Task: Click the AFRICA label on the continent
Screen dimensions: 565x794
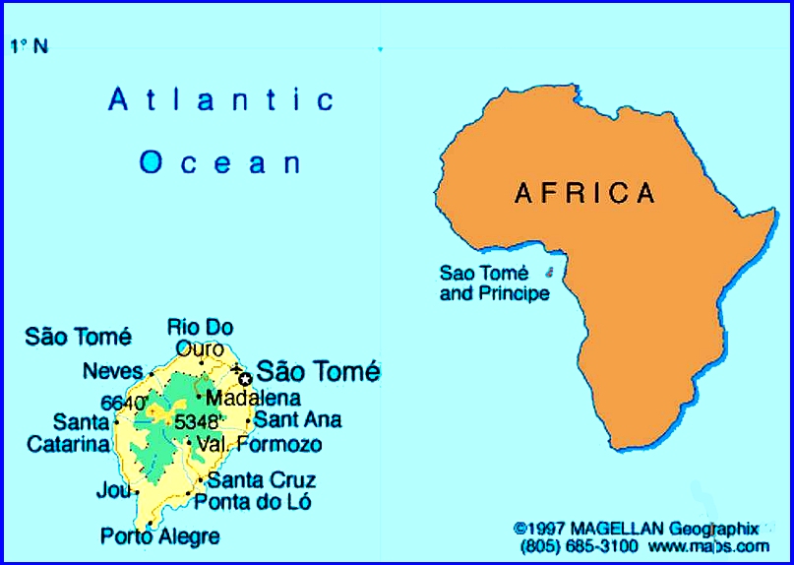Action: click(x=584, y=193)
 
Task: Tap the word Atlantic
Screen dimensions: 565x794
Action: click(x=222, y=99)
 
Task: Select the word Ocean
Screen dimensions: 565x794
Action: click(x=220, y=162)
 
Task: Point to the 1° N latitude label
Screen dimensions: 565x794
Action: click(x=29, y=45)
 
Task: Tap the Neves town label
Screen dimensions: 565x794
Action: click(x=113, y=371)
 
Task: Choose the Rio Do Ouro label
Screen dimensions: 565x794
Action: click(x=200, y=338)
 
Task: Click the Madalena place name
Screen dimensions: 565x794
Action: click(x=253, y=399)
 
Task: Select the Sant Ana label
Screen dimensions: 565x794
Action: click(x=297, y=419)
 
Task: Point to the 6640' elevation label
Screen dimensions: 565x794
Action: click(x=124, y=403)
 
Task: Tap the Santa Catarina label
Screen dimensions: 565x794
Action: click(x=68, y=433)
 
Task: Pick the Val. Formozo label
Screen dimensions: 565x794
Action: click(x=259, y=445)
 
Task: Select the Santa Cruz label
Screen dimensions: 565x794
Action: click(x=262, y=480)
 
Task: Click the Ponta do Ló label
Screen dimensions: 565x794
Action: click(x=253, y=502)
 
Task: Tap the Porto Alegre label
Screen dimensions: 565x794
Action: click(x=160, y=536)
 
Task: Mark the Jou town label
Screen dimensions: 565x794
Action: click(x=112, y=490)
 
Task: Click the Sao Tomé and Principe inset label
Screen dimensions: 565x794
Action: click(x=494, y=283)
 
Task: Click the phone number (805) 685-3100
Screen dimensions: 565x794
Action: click(x=579, y=546)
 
